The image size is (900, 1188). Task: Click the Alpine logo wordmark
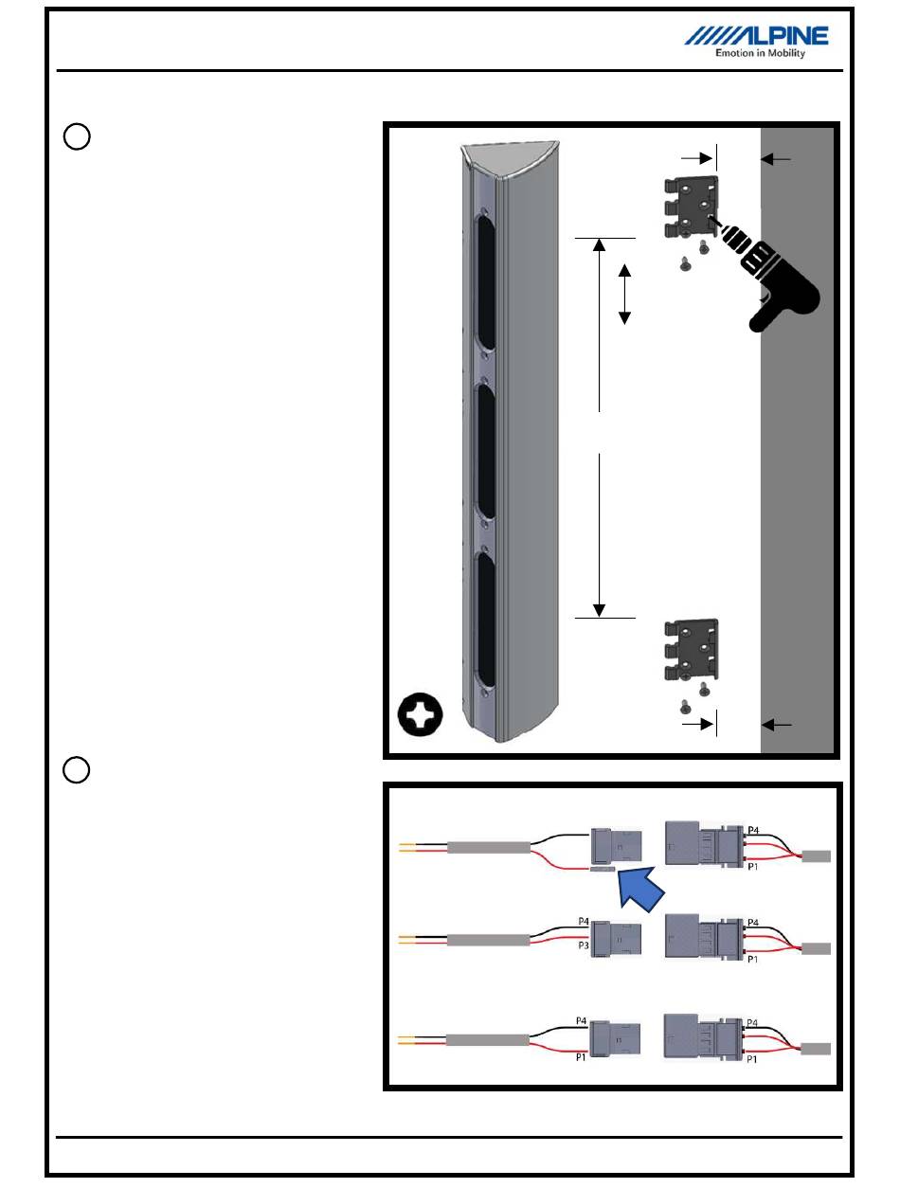tap(756, 36)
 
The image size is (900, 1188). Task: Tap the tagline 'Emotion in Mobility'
tap(760, 53)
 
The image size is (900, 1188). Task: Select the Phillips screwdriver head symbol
tap(420, 714)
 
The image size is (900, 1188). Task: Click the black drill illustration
tap(765, 275)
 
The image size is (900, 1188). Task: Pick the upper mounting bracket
tap(691, 207)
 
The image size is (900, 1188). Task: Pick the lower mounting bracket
tap(691, 650)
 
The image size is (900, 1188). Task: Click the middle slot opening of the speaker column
tap(485, 451)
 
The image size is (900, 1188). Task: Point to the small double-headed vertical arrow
tap(624, 294)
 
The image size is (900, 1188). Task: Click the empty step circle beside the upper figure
tap(77, 136)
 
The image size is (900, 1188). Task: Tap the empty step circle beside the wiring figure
tap(77, 769)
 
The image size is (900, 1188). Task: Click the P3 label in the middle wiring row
tap(584, 945)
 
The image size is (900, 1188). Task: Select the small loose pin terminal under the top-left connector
tap(602, 868)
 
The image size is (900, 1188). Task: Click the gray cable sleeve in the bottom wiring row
tap(487, 1040)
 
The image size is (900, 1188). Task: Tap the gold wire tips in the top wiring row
tap(406, 847)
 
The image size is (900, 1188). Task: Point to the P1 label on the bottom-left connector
tap(581, 1057)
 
